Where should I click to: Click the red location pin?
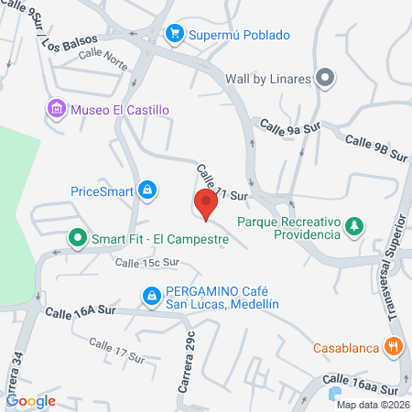(206, 202)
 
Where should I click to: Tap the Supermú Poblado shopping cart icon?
(174, 34)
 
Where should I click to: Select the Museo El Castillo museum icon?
(57, 110)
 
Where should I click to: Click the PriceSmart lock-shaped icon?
(146, 190)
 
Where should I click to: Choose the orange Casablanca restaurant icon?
(394, 346)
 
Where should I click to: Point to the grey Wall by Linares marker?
(323, 79)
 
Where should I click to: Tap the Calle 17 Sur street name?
(117, 350)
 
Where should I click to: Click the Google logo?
(30, 400)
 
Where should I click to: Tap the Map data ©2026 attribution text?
(372, 405)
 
